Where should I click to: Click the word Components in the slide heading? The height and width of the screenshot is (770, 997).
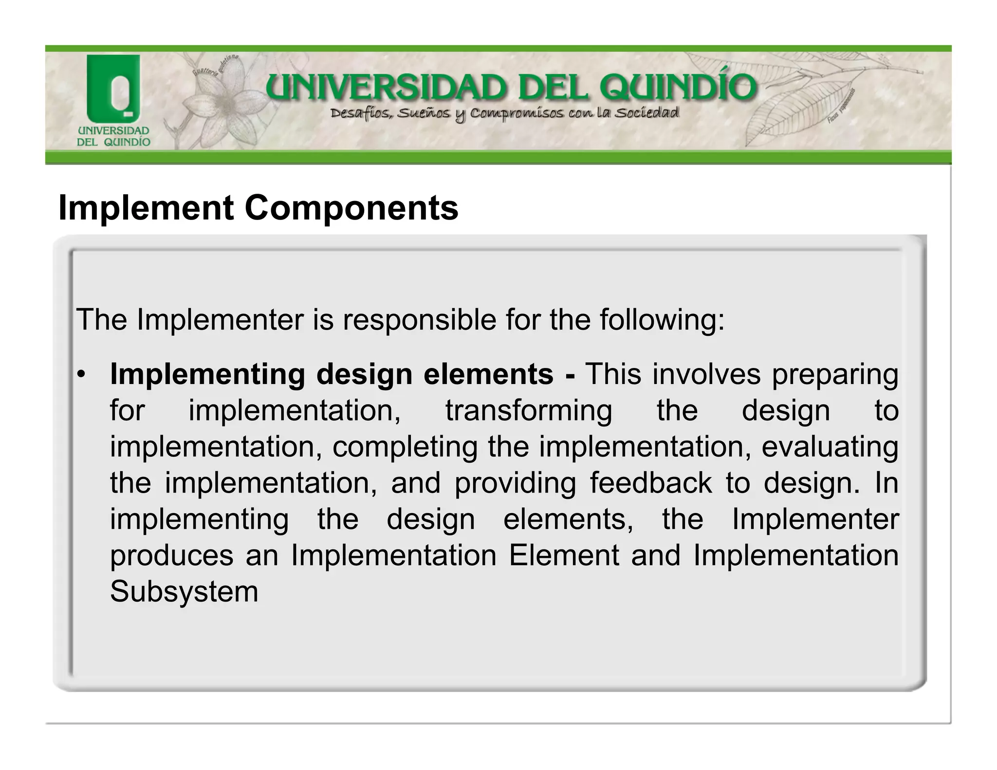coord(351,208)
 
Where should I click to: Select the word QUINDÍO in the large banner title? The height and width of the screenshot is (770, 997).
coord(678,88)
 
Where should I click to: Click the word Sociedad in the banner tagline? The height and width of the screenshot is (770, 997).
coord(646,113)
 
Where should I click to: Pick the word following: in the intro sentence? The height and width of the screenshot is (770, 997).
coord(662,321)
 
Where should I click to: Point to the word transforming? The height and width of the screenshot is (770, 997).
coord(529,410)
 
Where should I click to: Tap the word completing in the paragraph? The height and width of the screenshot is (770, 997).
coord(405,447)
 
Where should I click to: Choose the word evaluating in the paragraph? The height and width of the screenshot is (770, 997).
coord(830,447)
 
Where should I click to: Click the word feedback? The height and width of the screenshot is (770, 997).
coord(651,483)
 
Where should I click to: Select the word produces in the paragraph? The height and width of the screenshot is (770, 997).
coord(171,556)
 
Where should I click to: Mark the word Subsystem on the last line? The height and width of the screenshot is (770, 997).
coord(184,592)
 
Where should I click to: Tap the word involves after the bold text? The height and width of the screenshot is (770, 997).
coord(706,375)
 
